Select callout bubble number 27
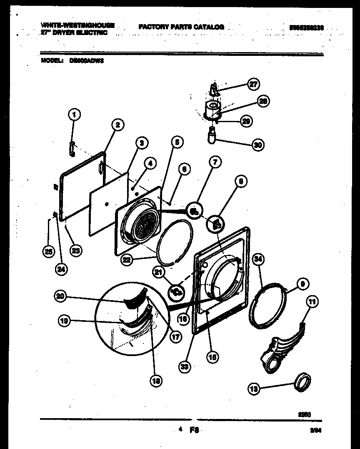point(252,84)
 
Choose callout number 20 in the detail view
point(60,296)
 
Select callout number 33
point(185,366)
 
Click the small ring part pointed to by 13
point(303,382)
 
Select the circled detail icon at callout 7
point(194,210)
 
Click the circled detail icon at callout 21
point(176,291)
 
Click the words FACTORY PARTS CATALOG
point(181,27)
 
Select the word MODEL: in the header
point(52,60)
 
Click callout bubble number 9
point(302,284)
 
